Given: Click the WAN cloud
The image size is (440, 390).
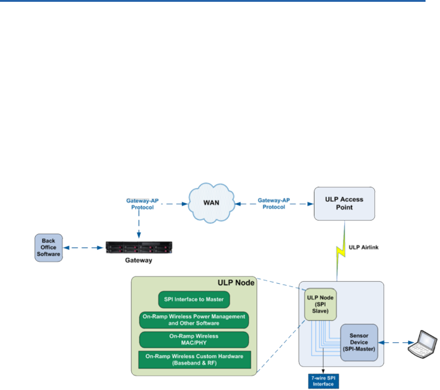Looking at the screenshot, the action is pyautogui.click(x=211, y=203).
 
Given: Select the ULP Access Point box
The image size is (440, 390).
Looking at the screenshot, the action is pyautogui.click(x=344, y=204).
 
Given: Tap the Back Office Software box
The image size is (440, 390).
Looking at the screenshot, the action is pyautogui.click(x=48, y=247).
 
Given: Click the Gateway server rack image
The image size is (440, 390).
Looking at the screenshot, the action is pyautogui.click(x=139, y=247).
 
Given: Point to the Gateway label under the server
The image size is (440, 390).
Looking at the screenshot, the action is pyautogui.click(x=139, y=260).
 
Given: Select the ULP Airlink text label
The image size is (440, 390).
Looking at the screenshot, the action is pyautogui.click(x=363, y=247).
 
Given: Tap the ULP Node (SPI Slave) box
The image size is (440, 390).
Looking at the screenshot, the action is pyautogui.click(x=320, y=304).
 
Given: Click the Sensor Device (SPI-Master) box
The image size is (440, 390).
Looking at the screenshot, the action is pyautogui.click(x=359, y=342).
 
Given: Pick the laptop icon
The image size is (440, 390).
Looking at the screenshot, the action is pyautogui.click(x=422, y=344).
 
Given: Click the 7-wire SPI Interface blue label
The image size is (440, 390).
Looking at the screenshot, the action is pyautogui.click(x=323, y=381).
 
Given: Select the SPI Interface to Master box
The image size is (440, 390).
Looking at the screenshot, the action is pyautogui.click(x=194, y=300).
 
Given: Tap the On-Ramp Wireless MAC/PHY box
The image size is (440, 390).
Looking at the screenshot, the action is pyautogui.click(x=194, y=339).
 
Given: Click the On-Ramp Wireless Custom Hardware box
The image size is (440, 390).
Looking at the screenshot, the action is pyautogui.click(x=194, y=360).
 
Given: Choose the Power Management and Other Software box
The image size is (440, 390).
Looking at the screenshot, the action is pyautogui.click(x=194, y=320).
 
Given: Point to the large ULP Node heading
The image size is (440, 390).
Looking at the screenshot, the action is pyautogui.click(x=236, y=283).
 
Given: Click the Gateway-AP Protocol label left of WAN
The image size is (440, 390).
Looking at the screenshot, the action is pyautogui.click(x=142, y=204).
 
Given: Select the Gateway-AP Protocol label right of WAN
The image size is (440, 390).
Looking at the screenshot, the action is pyautogui.click(x=274, y=204).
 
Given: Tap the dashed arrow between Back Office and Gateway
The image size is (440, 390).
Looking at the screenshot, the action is pyautogui.click(x=83, y=248).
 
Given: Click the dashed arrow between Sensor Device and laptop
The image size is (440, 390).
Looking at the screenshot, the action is pyautogui.click(x=396, y=342).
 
